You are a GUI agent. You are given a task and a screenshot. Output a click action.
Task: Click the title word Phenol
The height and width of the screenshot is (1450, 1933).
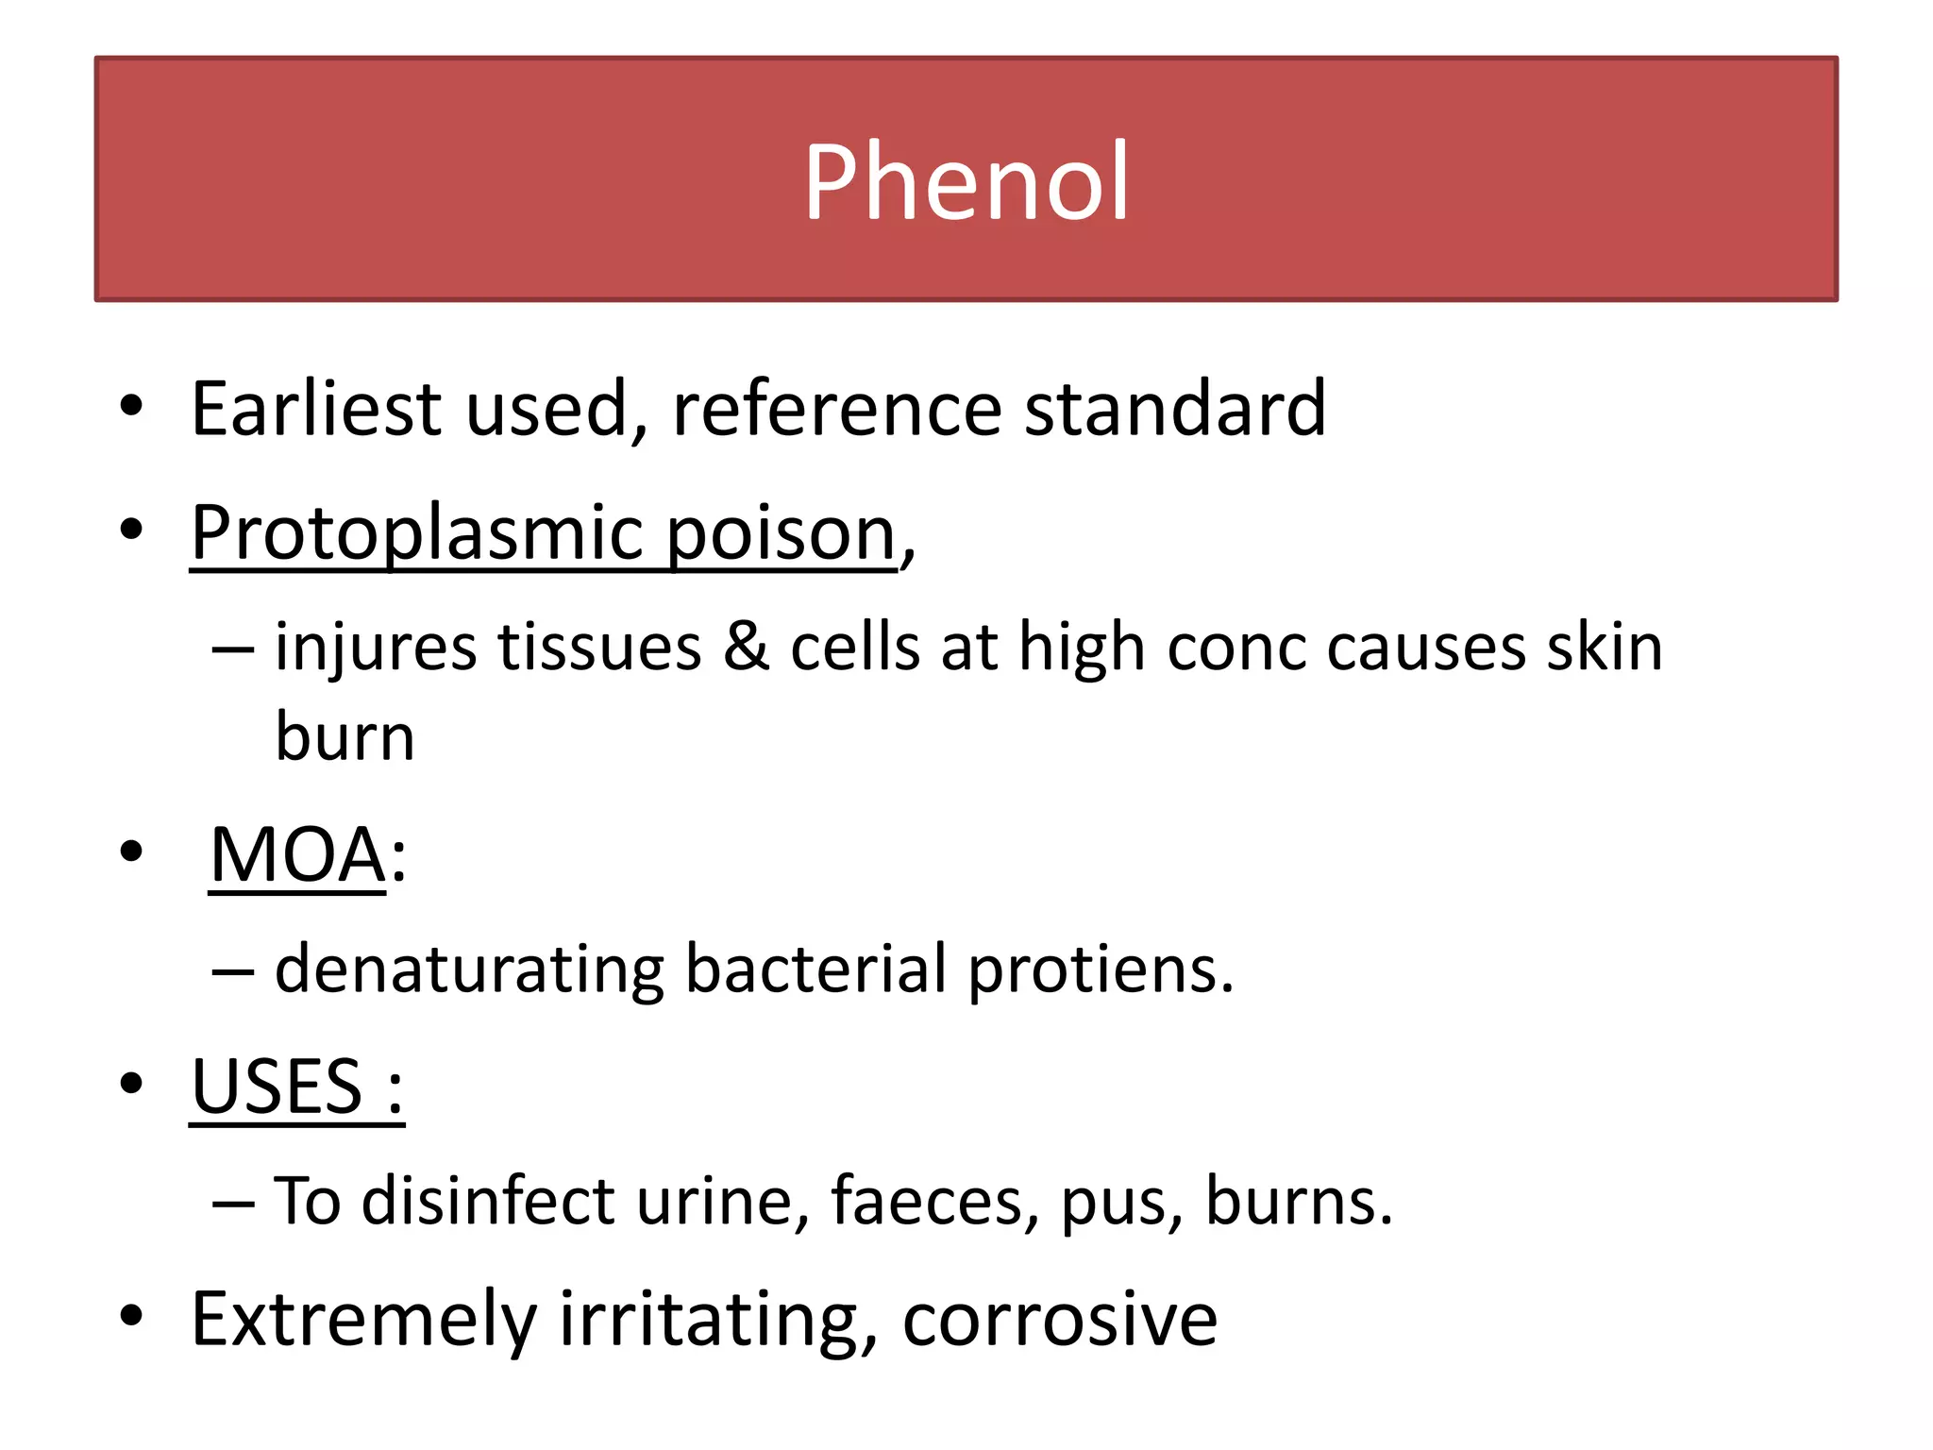pyautogui.click(x=966, y=180)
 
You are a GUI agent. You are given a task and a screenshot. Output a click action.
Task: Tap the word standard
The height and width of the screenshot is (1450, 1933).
pyautogui.click(x=1175, y=408)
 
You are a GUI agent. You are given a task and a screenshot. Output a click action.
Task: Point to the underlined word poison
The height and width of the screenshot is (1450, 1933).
pyautogui.click(x=781, y=534)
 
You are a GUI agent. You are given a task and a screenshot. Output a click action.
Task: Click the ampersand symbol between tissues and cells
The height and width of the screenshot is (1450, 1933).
pyautogui.click(x=746, y=648)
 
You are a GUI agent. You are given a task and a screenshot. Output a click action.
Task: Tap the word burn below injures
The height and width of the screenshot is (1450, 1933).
pyautogui.click(x=345, y=736)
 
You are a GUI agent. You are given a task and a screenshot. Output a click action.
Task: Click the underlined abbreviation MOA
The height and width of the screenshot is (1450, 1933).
pyautogui.click(x=297, y=855)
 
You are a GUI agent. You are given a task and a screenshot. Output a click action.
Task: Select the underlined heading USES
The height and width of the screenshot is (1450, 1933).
pyautogui.click(x=277, y=1087)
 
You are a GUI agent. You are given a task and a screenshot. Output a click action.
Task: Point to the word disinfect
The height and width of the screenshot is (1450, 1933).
pyautogui.click(x=488, y=1201)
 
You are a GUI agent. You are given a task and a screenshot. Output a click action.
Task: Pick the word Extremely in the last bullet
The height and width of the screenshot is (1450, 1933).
pyautogui.click(x=363, y=1320)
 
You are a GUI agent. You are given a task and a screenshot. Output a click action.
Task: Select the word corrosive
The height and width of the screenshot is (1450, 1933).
pyautogui.click(x=1060, y=1320)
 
